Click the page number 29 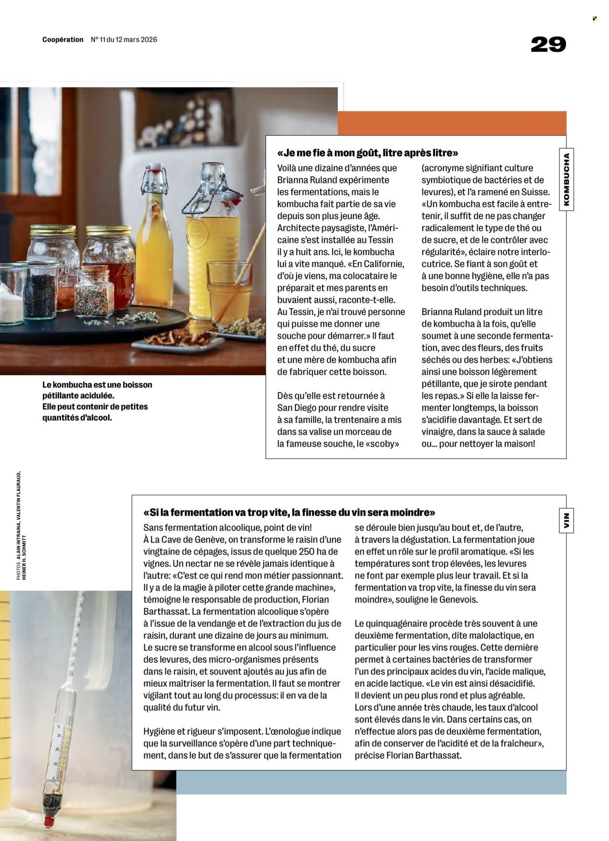coord(548,45)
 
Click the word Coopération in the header coord(63,39)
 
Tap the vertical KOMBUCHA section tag coord(566,180)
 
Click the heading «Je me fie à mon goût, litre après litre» coord(367,153)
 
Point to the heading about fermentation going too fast coord(289,512)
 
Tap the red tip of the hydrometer coord(48,821)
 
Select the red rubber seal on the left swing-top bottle coord(155,171)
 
